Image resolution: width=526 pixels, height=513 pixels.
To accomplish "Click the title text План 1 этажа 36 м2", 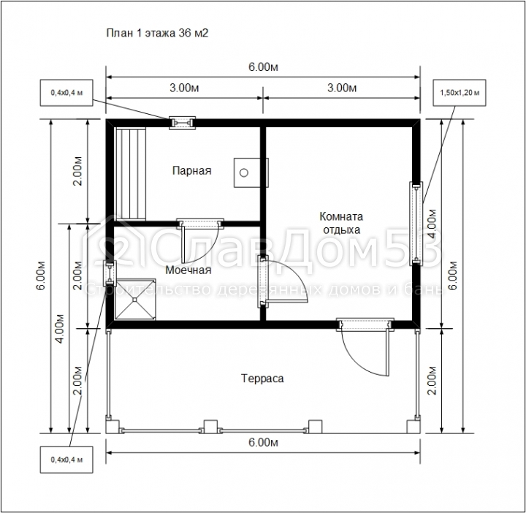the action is pos(157,33).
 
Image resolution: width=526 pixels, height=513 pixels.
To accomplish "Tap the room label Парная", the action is pos(192,170).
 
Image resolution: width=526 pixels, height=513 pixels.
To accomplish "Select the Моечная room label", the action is pos(188,270).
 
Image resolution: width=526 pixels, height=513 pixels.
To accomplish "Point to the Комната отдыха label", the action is pos(341,223).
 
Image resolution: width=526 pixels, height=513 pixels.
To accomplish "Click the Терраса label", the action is pos(262,379).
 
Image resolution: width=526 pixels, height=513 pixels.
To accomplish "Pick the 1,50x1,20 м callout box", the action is pos(460,93).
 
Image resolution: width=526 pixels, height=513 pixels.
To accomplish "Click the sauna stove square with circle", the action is pos(251,172).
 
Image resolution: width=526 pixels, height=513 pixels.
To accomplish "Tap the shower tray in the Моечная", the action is pos(135,299).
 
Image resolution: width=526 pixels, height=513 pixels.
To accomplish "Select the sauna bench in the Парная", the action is pos(131,174).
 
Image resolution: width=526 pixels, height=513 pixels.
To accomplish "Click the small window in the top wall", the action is pos(182,123).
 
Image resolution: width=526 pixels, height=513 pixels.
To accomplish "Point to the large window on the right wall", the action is pos(416,224).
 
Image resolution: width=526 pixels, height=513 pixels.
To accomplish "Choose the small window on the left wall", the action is pos(110,273).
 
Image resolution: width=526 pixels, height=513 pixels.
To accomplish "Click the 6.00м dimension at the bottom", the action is pos(263,443).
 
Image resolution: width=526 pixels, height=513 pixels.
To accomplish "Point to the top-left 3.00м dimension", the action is pos(184,88).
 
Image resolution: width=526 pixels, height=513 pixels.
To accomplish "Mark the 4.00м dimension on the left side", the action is pos(61,329).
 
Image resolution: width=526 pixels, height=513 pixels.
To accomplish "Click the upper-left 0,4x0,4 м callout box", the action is pos(66,93).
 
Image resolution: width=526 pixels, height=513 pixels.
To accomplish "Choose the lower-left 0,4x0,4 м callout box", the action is pos(66,460).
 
